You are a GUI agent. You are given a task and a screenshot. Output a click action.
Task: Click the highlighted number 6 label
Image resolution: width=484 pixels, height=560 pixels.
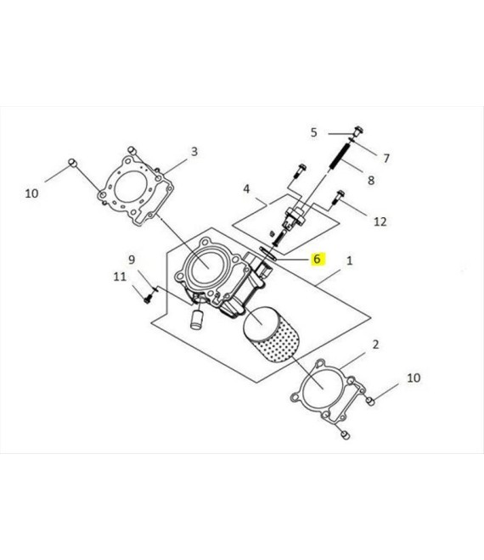(x=317, y=259)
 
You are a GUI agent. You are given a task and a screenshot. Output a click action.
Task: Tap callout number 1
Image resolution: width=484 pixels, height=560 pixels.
(x=350, y=260)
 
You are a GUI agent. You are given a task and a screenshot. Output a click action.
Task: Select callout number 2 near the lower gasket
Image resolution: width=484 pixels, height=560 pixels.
(x=375, y=344)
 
